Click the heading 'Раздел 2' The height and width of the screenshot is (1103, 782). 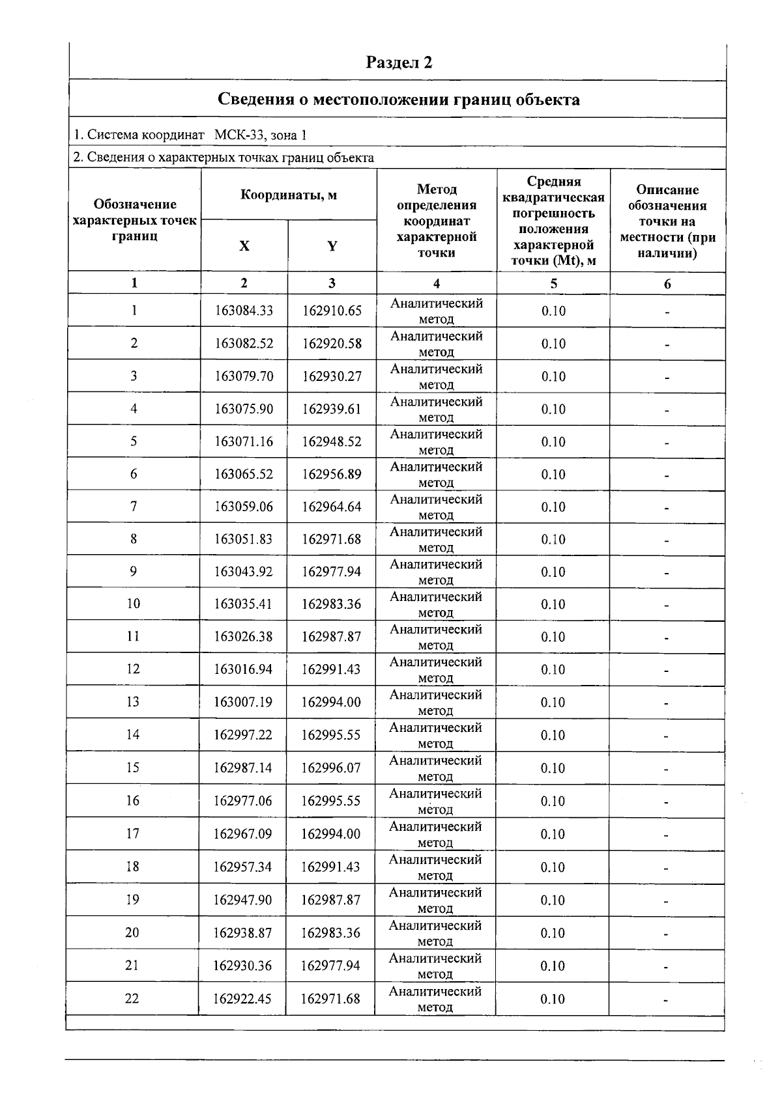click(x=399, y=63)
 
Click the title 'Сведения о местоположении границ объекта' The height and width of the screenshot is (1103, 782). click(x=398, y=100)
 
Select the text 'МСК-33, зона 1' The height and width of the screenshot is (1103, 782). click(x=260, y=135)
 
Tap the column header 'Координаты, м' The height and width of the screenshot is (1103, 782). click(x=289, y=195)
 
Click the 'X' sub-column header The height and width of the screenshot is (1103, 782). click(x=244, y=246)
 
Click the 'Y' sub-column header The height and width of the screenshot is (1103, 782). click(x=332, y=246)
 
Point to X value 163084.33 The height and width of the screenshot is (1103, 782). click(x=244, y=311)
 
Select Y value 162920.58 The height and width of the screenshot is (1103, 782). click(x=332, y=343)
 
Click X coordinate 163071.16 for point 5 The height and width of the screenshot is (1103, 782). click(x=244, y=441)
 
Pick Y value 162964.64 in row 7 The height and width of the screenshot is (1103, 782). click(x=332, y=507)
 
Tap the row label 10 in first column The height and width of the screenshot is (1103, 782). click(x=134, y=604)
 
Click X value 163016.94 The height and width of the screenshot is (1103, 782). click(x=243, y=669)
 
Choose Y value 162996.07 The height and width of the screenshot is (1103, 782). click(x=330, y=768)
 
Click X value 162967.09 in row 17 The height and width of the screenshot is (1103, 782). click(x=242, y=833)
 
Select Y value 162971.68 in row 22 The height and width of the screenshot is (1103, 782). click(x=330, y=998)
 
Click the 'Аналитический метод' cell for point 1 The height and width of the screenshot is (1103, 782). click(x=436, y=311)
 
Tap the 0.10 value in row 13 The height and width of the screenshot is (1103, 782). click(x=553, y=702)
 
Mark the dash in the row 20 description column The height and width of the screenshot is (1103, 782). click(x=666, y=934)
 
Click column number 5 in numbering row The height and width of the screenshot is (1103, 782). click(x=553, y=283)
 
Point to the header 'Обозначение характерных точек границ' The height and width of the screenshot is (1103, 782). click(x=134, y=220)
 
